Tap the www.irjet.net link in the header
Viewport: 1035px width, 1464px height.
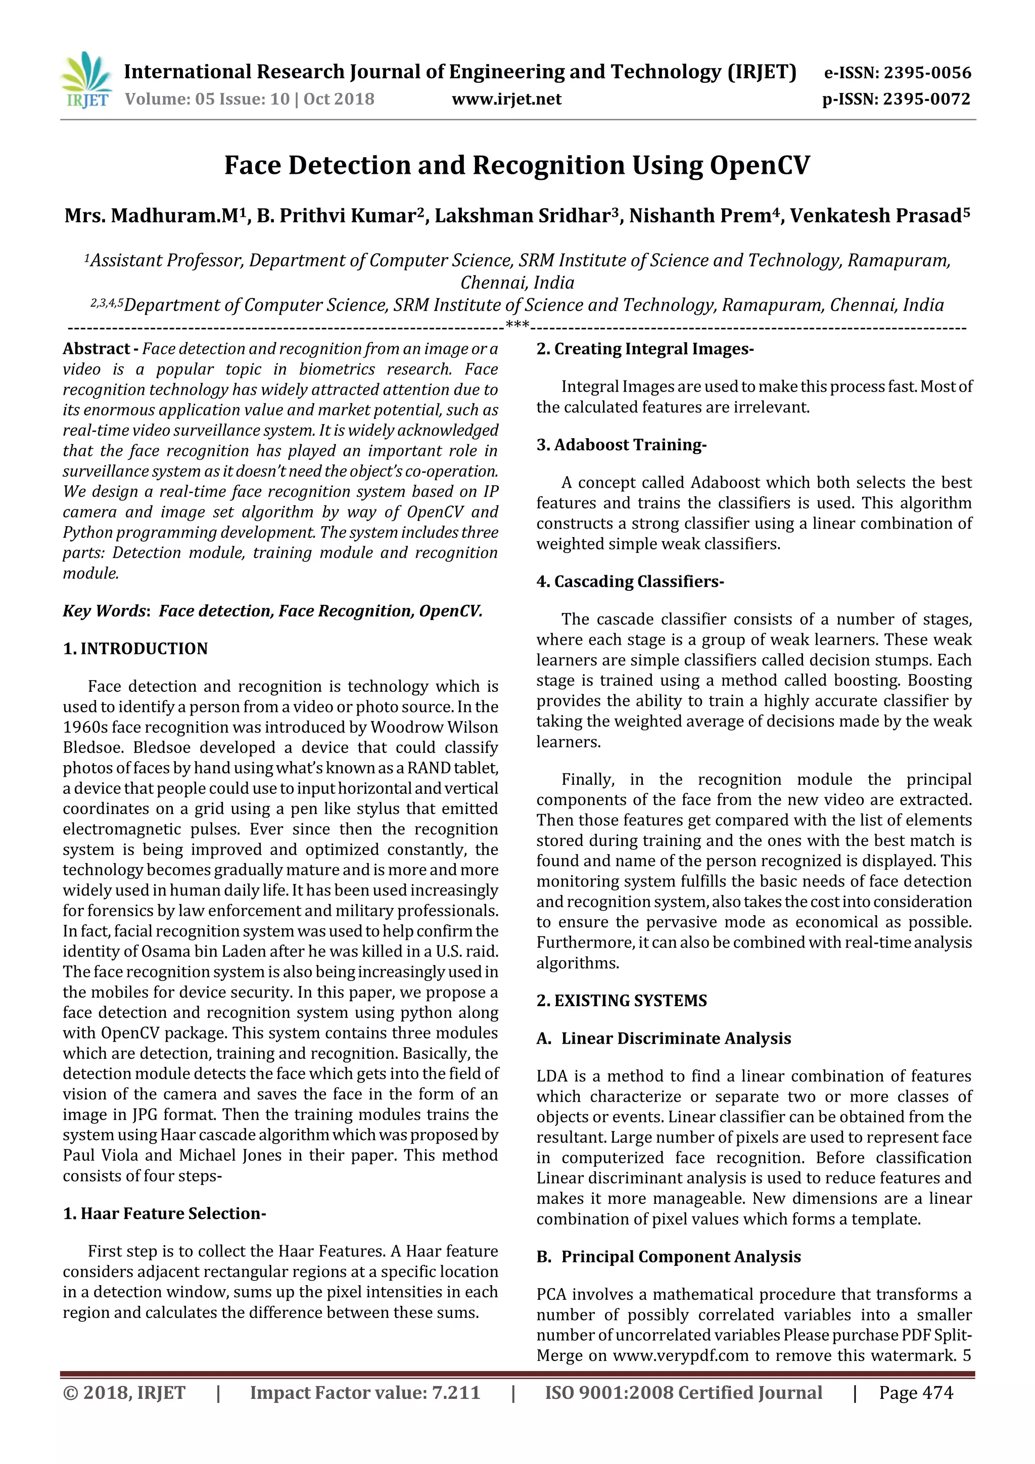[506, 100]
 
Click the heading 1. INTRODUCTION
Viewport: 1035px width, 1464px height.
[135, 648]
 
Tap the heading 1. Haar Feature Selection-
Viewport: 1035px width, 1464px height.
[164, 1213]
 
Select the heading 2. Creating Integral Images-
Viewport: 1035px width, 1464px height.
[645, 349]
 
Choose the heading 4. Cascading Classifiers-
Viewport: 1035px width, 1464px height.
[630, 582]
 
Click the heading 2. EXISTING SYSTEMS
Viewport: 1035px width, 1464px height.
[622, 1001]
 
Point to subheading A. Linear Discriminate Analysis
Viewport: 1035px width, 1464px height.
[664, 1038]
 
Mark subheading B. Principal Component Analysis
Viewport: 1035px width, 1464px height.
[668, 1257]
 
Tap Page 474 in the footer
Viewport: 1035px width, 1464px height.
[916, 1393]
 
